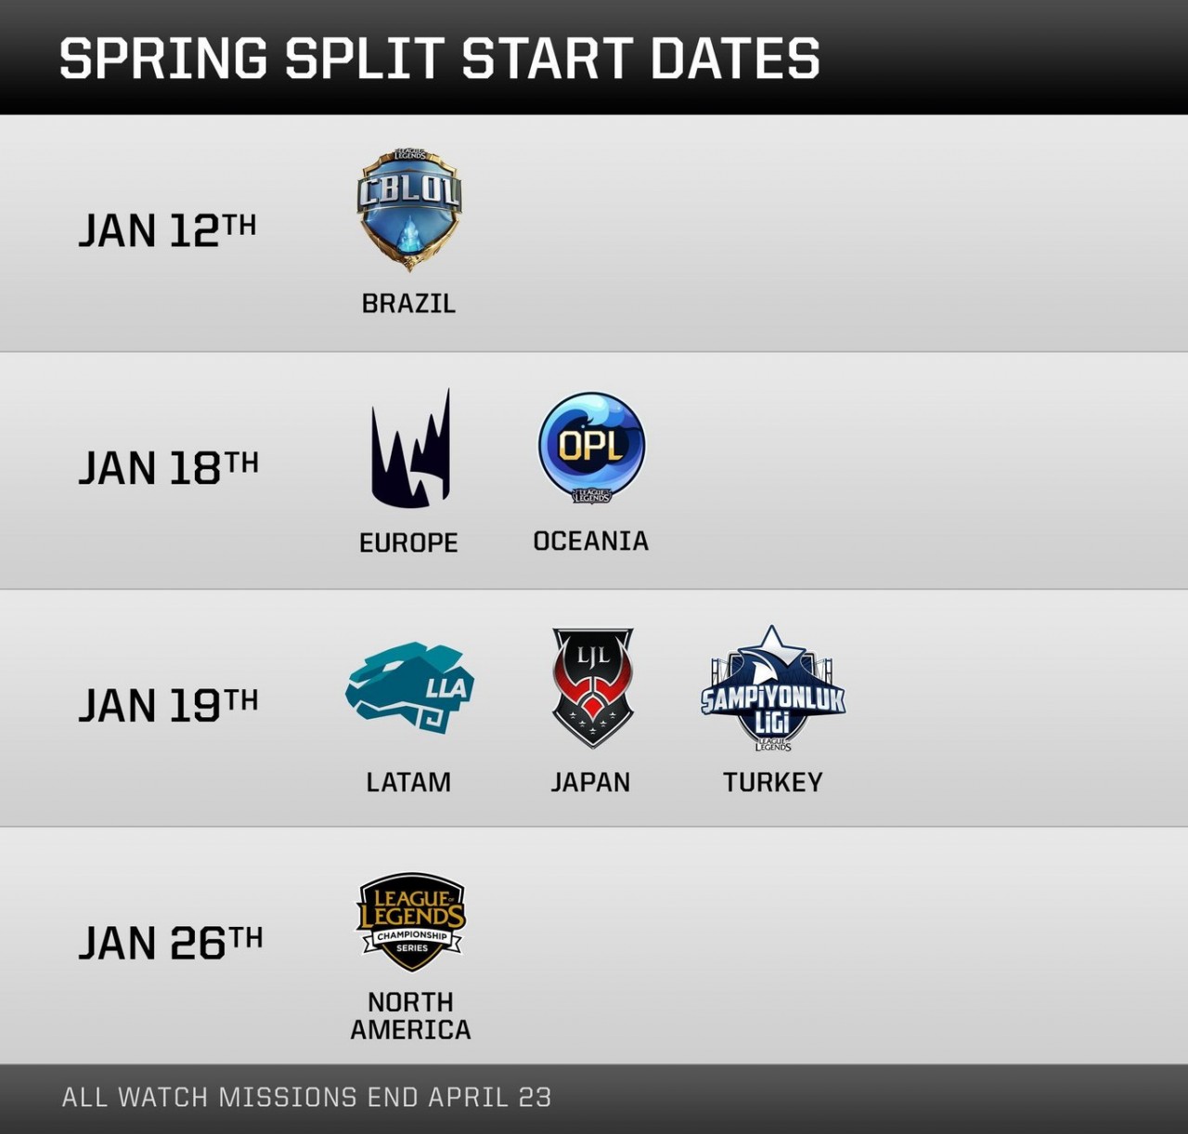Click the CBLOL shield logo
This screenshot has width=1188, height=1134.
pyautogui.click(x=409, y=209)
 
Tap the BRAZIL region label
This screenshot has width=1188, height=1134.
pyautogui.click(x=408, y=304)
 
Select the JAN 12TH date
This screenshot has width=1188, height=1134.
pyautogui.click(x=167, y=230)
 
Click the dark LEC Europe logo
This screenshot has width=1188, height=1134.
pyautogui.click(x=411, y=448)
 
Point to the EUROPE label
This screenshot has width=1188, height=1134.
pyautogui.click(x=408, y=542)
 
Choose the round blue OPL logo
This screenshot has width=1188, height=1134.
pyautogui.click(x=591, y=448)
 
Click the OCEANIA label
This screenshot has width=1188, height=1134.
pyautogui.click(x=591, y=541)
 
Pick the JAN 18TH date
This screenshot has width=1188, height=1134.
pyautogui.click(x=169, y=468)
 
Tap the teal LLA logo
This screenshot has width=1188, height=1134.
pyautogui.click(x=409, y=687)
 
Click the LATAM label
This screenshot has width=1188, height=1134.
pyautogui.click(x=408, y=782)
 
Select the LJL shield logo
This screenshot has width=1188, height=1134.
pyautogui.click(x=593, y=687)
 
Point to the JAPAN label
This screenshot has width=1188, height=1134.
pyautogui.click(x=590, y=782)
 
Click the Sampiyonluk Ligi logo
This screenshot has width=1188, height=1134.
pyautogui.click(x=773, y=689)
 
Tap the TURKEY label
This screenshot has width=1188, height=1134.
pyautogui.click(x=773, y=782)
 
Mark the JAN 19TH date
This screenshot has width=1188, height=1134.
pyautogui.click(x=169, y=706)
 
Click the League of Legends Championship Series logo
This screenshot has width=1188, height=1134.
pyautogui.click(x=411, y=922)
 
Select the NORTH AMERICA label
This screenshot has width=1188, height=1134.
pyautogui.click(x=410, y=1016)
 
